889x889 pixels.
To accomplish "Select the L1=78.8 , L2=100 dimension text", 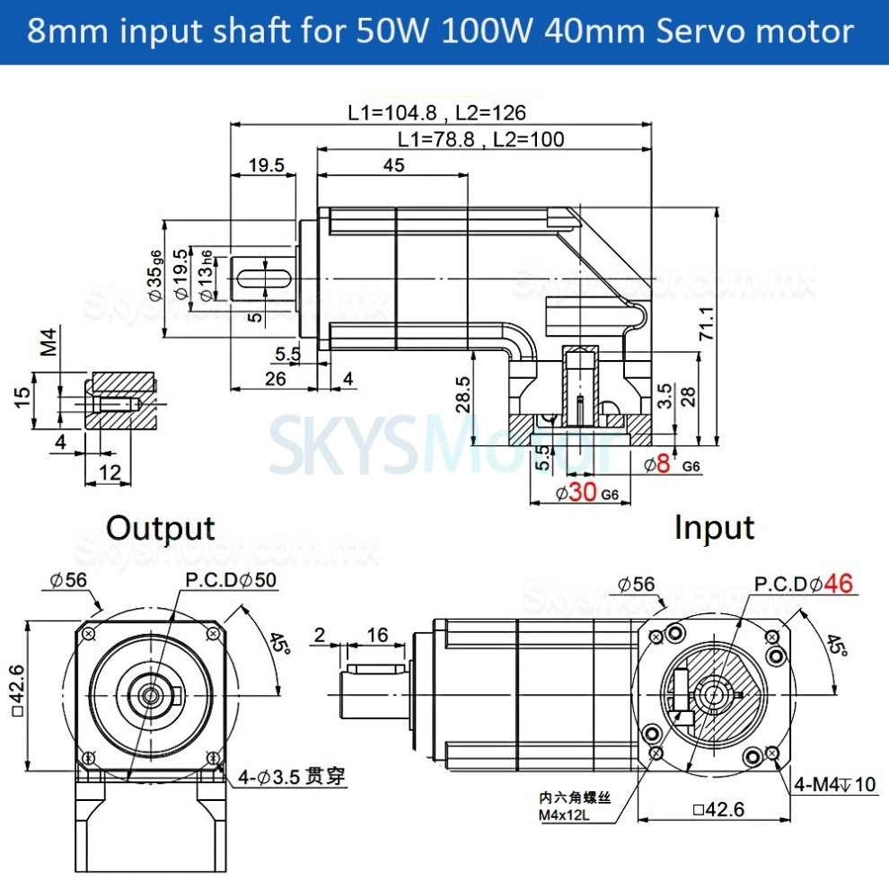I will (480, 138).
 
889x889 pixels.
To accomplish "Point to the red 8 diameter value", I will (664, 464).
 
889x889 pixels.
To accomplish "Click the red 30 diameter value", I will (582, 491).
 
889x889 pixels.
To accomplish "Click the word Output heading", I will (160, 528).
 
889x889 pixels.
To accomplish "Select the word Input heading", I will (714, 528).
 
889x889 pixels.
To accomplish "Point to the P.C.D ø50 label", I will (230, 580).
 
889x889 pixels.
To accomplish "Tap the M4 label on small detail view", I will (50, 342).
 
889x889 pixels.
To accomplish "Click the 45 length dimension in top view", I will (393, 165).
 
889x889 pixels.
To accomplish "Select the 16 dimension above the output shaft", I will (377, 635).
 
